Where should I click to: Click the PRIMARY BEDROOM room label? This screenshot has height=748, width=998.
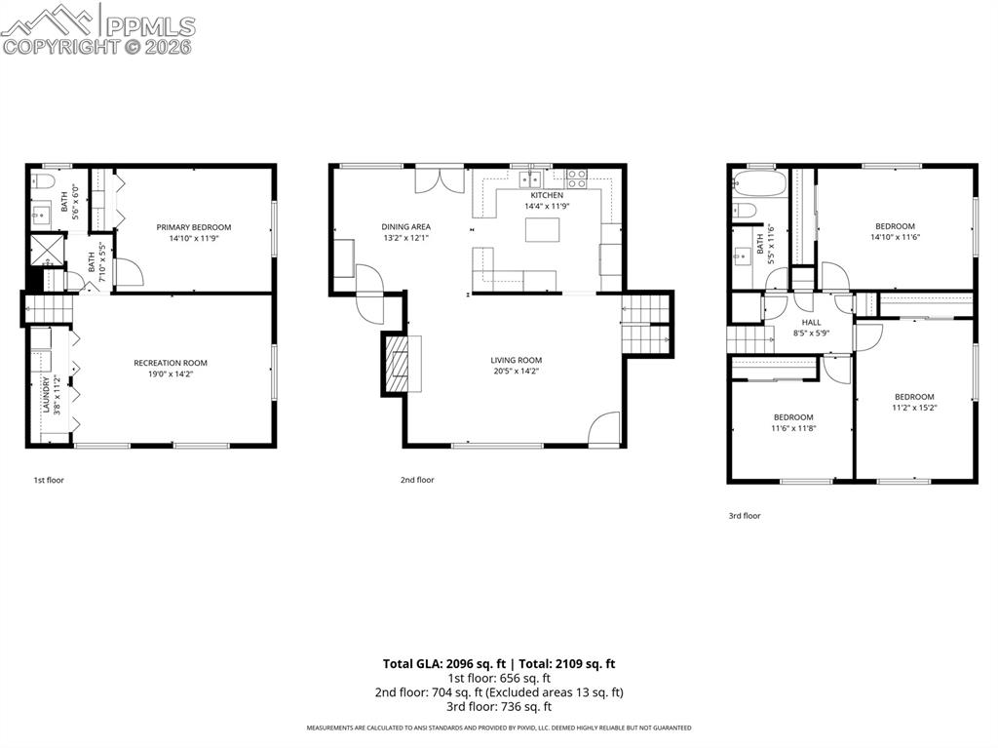[x=194, y=227]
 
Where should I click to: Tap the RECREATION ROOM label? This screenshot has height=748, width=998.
[x=171, y=363]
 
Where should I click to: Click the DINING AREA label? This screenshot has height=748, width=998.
[x=405, y=227]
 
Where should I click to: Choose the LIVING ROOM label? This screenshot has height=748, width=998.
[x=516, y=360]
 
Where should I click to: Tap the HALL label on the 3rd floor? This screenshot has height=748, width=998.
[x=811, y=322]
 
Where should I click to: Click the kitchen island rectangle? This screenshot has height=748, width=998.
[x=543, y=230]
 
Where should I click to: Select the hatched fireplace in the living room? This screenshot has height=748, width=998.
[x=395, y=363]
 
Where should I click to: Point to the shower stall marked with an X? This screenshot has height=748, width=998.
[x=45, y=251]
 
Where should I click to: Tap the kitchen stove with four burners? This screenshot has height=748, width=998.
[x=577, y=178]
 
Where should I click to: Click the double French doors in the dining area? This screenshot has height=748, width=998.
[x=440, y=180]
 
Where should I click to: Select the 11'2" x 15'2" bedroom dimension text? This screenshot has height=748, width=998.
[x=914, y=408]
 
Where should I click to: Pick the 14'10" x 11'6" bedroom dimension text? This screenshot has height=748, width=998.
[x=895, y=237]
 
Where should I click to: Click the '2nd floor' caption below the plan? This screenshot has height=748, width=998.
[x=417, y=480]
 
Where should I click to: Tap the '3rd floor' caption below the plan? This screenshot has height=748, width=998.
[x=745, y=516]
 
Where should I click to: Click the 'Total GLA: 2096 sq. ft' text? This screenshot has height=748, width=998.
[x=438, y=664]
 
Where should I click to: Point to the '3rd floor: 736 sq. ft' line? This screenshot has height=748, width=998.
[x=499, y=707]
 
